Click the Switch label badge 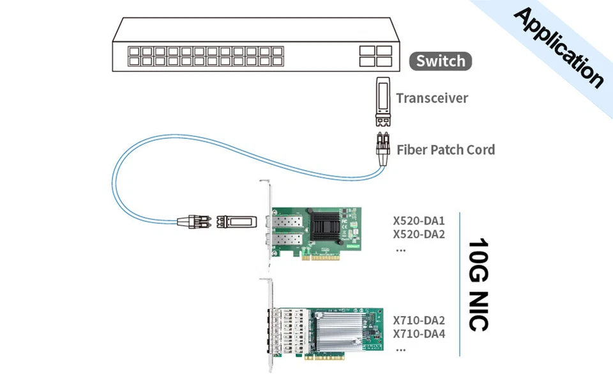point(441,61)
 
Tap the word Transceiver point(432,98)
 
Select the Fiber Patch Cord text point(446,150)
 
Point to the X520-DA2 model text point(419,234)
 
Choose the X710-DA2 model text point(419,321)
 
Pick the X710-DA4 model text point(419,333)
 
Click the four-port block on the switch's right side point(375,56)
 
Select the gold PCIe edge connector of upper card point(331,260)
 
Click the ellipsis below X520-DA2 point(400,250)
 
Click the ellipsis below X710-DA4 point(400,350)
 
